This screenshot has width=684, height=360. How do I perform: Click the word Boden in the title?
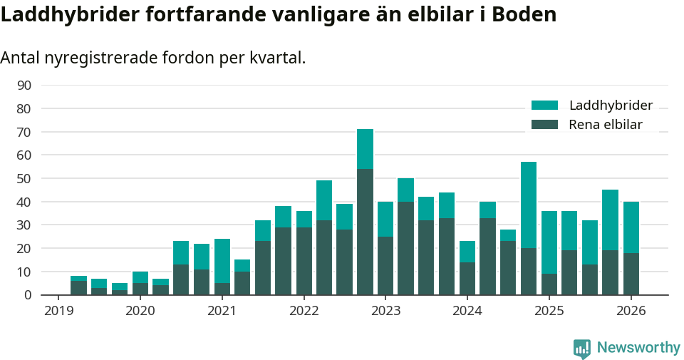pyautogui.click(x=521, y=15)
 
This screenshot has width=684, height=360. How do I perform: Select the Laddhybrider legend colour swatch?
pyautogui.click(x=545, y=106)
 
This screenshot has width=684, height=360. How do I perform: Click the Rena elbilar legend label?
pyautogui.click(x=605, y=125)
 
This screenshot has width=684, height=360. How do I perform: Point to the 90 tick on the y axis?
pyautogui.click(x=24, y=86)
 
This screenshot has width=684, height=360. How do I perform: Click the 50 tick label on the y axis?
pyautogui.click(x=24, y=179)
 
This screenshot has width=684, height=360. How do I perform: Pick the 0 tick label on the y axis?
pyautogui.click(x=27, y=295)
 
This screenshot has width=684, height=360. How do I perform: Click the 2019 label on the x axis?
pyautogui.click(x=58, y=311)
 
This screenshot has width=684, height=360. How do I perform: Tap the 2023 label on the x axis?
pyautogui.click(x=385, y=311)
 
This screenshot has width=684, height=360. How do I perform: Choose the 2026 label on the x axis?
pyautogui.click(x=631, y=311)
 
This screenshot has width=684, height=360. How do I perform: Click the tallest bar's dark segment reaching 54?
pyautogui.click(x=365, y=232)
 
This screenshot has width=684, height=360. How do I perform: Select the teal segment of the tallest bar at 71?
pyautogui.click(x=365, y=149)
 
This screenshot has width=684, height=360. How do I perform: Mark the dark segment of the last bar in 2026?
pyautogui.click(x=631, y=274)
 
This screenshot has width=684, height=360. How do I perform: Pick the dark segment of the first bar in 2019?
pyautogui.click(x=78, y=288)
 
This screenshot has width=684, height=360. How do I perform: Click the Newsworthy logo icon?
pyautogui.click(x=582, y=348)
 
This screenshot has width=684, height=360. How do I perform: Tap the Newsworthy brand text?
pyautogui.click(x=638, y=348)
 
